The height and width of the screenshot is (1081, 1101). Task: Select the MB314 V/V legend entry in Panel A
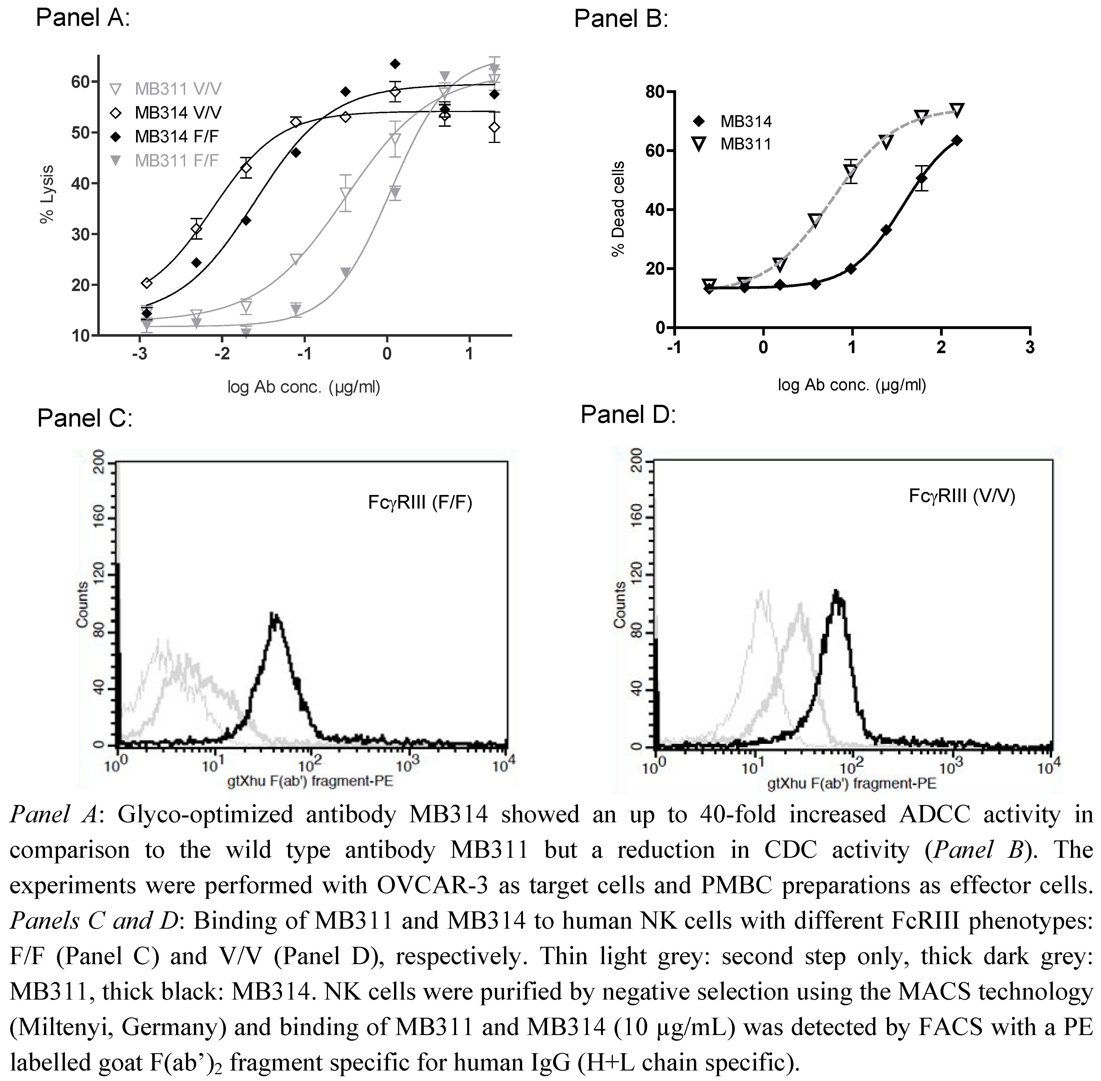177,112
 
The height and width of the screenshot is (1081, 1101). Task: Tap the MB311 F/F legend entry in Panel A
176,161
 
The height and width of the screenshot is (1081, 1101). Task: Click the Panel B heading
621,19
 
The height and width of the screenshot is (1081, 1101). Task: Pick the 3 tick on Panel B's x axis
1030,347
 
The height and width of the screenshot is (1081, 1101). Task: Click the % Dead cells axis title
618,209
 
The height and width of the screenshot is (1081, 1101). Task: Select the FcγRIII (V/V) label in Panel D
961,496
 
